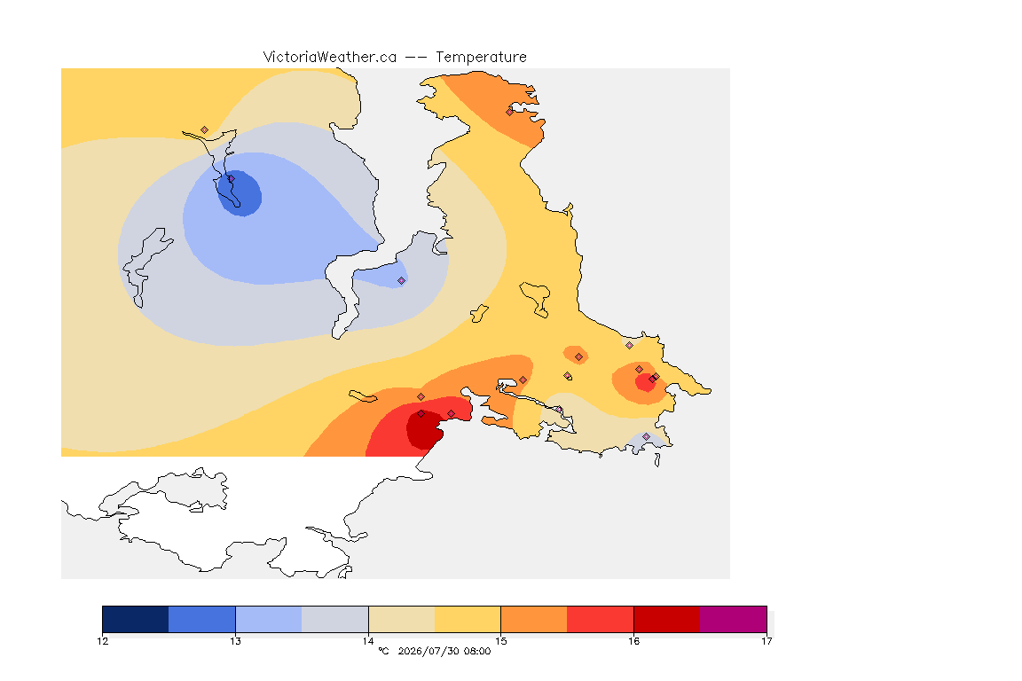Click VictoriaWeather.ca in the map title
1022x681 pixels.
(x=330, y=58)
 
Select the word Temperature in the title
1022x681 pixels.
(x=481, y=58)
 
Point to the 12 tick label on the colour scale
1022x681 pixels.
(x=102, y=641)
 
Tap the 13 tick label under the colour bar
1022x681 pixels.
(x=235, y=641)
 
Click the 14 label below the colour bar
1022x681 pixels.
(x=368, y=641)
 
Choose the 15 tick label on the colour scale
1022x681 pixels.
(x=500, y=641)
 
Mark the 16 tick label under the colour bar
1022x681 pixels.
(x=633, y=641)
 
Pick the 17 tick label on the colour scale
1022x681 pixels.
(x=766, y=641)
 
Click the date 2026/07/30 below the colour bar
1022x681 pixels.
(x=428, y=651)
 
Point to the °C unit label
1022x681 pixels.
(x=383, y=651)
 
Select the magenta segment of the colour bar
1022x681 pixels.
(x=734, y=619)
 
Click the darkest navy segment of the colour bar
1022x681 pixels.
(x=136, y=619)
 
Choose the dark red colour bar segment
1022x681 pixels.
(x=667, y=619)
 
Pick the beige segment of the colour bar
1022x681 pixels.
(x=402, y=619)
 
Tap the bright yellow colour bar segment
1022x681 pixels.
(x=468, y=619)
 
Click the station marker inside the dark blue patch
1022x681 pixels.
(x=231, y=178)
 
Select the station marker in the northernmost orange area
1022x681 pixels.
(x=510, y=112)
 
